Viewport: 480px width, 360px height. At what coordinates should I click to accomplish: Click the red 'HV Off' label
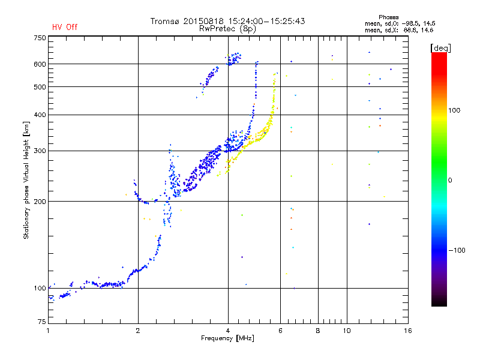[65, 27]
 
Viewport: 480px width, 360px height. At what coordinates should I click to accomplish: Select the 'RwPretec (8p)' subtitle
[227, 29]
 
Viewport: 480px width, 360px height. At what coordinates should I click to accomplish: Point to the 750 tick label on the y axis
[40, 38]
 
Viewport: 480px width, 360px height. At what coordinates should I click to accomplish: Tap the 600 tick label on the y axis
[40, 64]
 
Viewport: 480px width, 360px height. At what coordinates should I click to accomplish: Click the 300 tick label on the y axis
[40, 151]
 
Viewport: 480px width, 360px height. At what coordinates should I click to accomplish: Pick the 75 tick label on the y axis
[42, 322]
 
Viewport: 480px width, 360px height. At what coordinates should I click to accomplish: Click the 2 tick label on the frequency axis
[138, 331]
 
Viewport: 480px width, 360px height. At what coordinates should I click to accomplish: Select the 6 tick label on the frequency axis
[280, 331]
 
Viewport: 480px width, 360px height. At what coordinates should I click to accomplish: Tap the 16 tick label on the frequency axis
[408, 331]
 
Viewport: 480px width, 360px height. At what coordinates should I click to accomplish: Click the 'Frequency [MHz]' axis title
[227, 338]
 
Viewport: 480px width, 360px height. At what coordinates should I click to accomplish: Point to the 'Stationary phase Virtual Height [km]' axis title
[26, 181]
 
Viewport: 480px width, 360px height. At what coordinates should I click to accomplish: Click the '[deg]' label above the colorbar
[440, 48]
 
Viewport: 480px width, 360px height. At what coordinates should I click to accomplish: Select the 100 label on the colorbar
[454, 110]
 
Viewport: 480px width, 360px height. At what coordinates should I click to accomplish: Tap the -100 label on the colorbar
[457, 250]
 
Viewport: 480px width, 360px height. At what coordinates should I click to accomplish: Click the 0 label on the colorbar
[450, 181]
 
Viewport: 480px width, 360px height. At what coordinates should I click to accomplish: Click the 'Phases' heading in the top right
[388, 17]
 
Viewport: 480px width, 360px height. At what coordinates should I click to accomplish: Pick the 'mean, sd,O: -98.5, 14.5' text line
[400, 23]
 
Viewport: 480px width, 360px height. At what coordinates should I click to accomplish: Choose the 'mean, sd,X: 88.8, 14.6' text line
[399, 30]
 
